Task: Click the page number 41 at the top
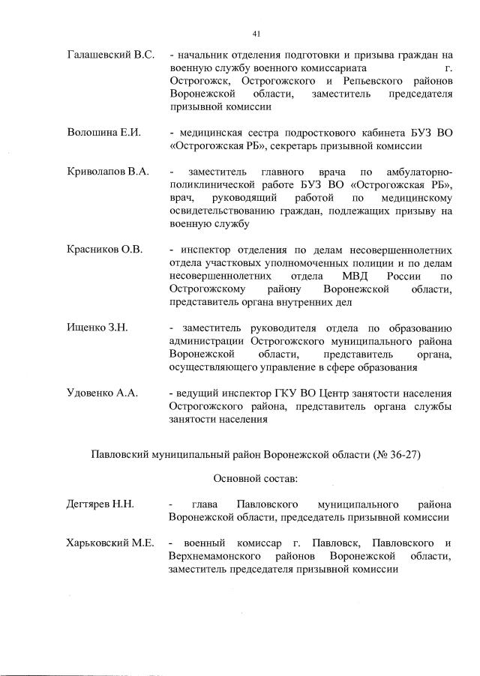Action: [256, 32]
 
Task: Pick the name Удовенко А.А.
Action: [103, 393]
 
